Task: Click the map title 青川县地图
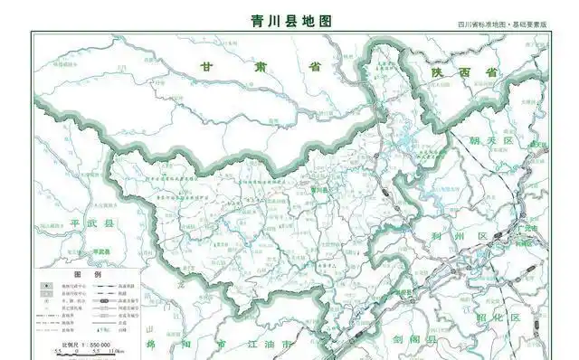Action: coord(290,19)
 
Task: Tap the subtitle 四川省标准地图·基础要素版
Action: coord(501,26)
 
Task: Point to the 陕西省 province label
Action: coord(465,71)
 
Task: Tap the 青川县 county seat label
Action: coord(318,191)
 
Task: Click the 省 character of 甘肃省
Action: coord(315,68)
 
